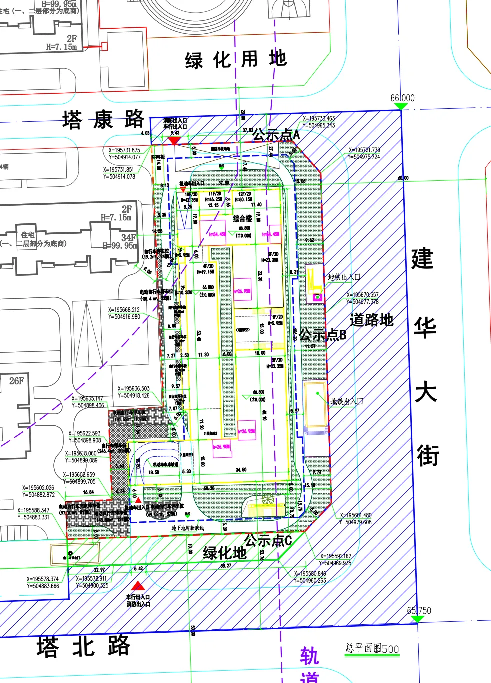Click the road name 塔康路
pyautogui.click(x=103, y=120)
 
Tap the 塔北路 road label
pyautogui.click(x=83, y=646)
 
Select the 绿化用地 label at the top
pyautogui.click(x=236, y=60)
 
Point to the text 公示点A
pyautogui.click(x=276, y=134)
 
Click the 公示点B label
pyautogui.click(x=323, y=335)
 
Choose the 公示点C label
pyautogui.click(x=268, y=540)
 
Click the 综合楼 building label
pyautogui.click(x=243, y=218)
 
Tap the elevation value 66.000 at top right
pyautogui.click(x=402, y=98)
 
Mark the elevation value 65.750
pyautogui.click(x=419, y=610)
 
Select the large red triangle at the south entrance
pyautogui.click(x=138, y=586)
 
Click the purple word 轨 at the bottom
pyautogui.click(x=309, y=656)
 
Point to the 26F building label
pyautogui.click(x=16, y=381)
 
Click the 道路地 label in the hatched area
pyautogui.click(x=371, y=320)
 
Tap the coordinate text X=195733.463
pyautogui.click(x=319, y=119)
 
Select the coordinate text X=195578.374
pyautogui.click(x=43, y=579)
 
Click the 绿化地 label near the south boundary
pyautogui.click(x=225, y=553)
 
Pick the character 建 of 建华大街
pyautogui.click(x=422, y=259)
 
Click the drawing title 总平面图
pyautogui.click(x=363, y=648)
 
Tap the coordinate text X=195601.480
pyautogui.click(x=356, y=515)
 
